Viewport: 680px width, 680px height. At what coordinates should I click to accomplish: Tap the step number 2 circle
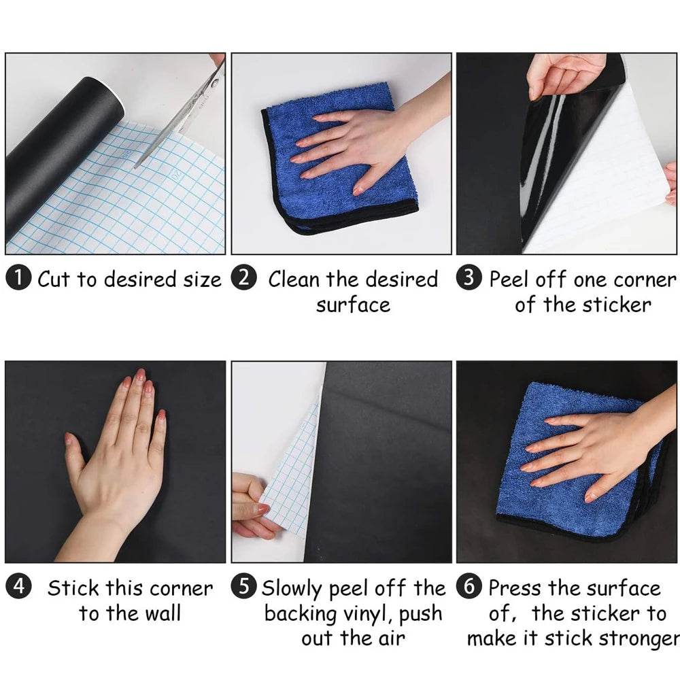pos(244,279)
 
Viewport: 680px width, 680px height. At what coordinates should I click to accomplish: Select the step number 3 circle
pos(469,279)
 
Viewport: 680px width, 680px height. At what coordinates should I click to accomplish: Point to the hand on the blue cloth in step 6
pos(592,449)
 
